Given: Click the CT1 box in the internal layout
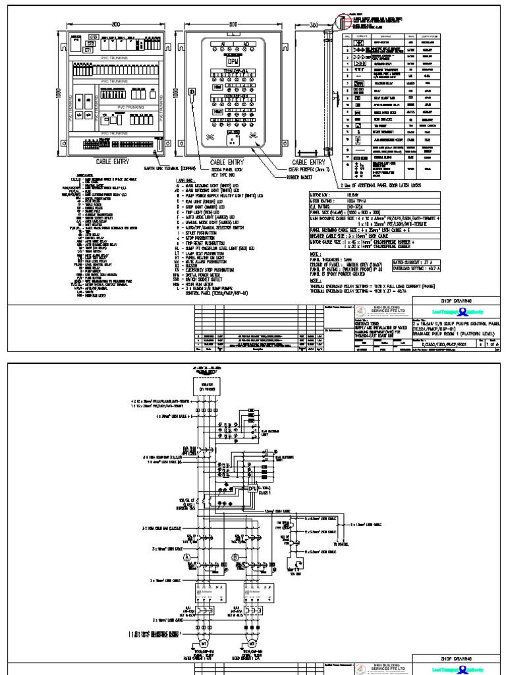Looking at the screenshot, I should (88, 49).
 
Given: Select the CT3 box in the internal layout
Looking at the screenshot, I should (94, 36).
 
